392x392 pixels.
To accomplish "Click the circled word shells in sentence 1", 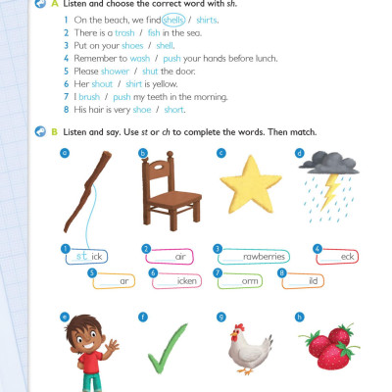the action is click(x=173, y=19).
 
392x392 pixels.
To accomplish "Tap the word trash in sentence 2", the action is click(x=124, y=31).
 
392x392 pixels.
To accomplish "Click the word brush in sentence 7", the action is click(x=89, y=95).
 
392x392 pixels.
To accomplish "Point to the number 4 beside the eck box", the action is click(x=318, y=249).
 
